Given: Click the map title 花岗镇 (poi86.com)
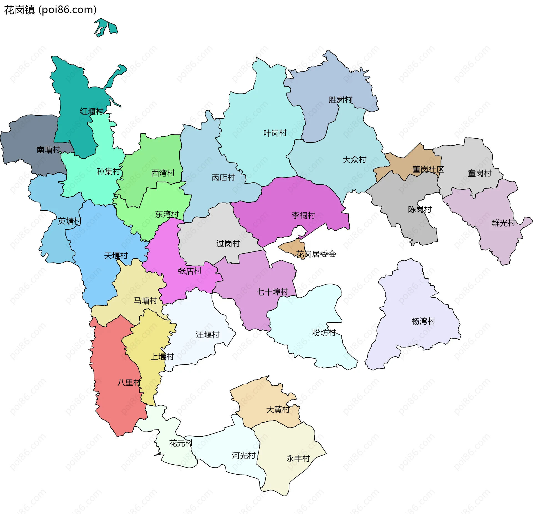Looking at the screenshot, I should click(x=50, y=10).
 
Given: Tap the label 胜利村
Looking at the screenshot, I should click(x=340, y=100).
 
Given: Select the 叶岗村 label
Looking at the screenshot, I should click(x=275, y=133).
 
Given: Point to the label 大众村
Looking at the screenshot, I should click(x=354, y=160).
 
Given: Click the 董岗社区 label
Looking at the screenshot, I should click(x=428, y=169).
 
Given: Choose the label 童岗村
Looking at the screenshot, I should click(x=479, y=173).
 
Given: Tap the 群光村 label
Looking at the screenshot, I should click(x=503, y=223).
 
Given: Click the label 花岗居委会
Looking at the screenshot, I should click(x=316, y=254).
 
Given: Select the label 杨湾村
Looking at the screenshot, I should click(x=423, y=321).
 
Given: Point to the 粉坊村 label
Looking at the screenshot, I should click(x=324, y=332).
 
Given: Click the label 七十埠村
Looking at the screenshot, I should click(x=272, y=292).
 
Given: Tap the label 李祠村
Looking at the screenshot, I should click(x=303, y=215).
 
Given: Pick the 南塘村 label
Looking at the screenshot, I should click(x=48, y=150).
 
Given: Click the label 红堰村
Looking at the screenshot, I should click(x=91, y=111).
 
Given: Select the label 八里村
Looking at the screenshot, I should click(x=129, y=383).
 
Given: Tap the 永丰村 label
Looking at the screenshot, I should click(x=298, y=459).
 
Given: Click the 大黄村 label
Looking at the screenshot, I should click(x=278, y=410).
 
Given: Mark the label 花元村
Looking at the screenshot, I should click(x=181, y=443).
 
